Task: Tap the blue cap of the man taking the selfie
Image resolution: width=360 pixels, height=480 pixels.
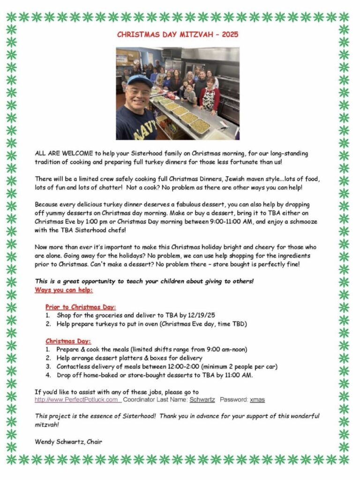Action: pos(139,81)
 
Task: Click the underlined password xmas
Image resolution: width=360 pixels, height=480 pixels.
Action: pos(257,399)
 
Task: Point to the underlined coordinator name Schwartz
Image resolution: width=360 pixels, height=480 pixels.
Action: pos(202,399)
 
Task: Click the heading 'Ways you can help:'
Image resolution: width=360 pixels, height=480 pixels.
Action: pos(64,290)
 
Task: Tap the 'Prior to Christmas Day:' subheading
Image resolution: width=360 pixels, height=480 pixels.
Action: pos(81,307)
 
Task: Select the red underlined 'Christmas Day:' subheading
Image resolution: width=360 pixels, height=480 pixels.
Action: pos(68,341)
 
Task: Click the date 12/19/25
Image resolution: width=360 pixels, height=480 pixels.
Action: pos(201,315)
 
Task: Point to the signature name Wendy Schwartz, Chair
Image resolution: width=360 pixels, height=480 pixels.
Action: pos(68,441)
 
